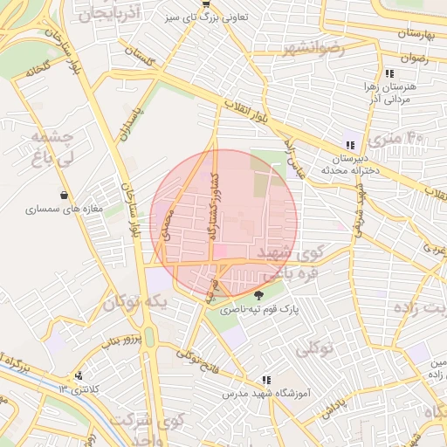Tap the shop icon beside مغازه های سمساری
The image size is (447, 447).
pos(65,195)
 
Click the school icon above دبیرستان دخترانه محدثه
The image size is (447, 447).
pos(350,146)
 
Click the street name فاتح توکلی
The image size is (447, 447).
pos(203,357)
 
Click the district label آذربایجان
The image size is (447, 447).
pos(107,15)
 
